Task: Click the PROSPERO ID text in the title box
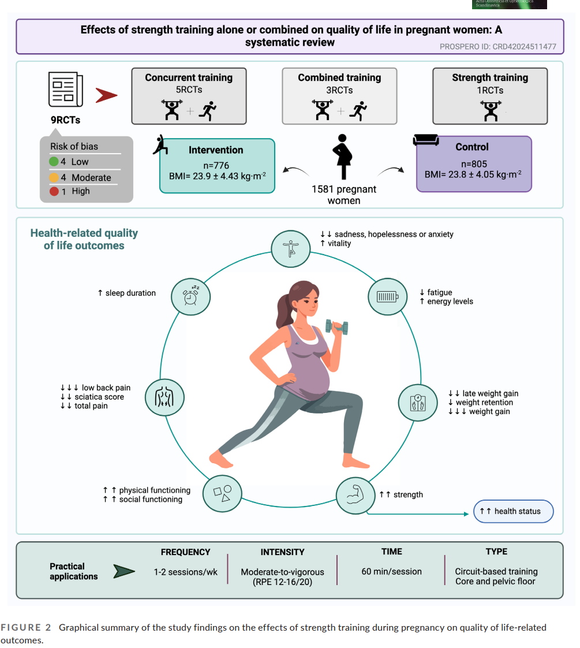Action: tap(497, 46)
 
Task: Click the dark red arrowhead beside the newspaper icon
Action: tap(106, 95)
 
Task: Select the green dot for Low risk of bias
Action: tap(54, 162)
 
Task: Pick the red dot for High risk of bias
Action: tap(54, 191)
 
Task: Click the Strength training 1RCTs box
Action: tap(489, 96)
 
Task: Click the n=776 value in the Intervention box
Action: tap(216, 166)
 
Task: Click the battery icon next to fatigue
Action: tap(387, 297)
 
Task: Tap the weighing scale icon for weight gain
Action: tap(418, 402)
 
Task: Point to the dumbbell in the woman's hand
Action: tap(336, 326)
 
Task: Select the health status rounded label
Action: tap(512, 512)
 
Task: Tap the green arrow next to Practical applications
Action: tap(124, 572)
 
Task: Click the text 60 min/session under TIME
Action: tap(391, 572)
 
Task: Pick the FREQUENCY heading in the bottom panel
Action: tap(185, 552)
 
